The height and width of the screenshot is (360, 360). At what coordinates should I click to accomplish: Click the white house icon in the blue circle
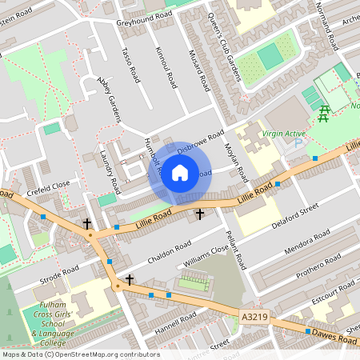pos(180,172)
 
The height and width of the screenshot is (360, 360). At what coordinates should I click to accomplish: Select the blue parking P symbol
pos(298,143)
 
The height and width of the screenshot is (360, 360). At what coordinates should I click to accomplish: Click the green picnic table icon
pos(325,114)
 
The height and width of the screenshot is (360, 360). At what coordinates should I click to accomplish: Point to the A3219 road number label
pos(254,318)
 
